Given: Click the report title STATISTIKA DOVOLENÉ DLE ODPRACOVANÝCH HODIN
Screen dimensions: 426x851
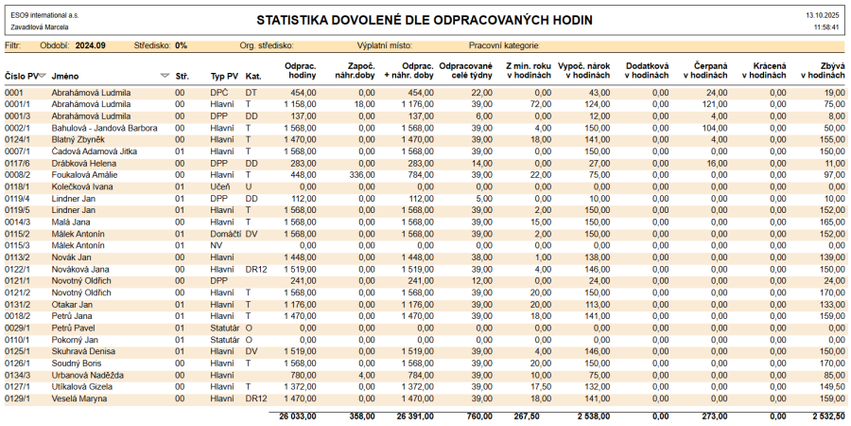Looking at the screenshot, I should [x=424, y=20].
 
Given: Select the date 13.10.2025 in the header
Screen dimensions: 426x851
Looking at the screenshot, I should [x=822, y=16].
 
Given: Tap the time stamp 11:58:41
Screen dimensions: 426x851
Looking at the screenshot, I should [x=825, y=27].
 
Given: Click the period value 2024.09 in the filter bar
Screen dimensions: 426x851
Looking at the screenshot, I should [x=91, y=44].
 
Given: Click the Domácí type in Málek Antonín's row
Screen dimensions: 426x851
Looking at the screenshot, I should [x=225, y=233].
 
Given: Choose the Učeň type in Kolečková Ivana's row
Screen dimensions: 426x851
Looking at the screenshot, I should [x=219, y=186].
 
